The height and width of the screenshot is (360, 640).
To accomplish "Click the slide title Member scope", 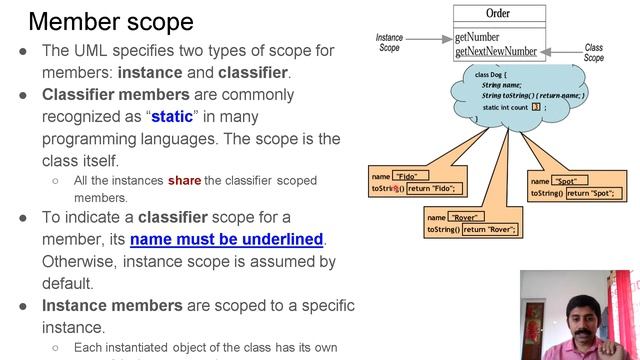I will [111, 21].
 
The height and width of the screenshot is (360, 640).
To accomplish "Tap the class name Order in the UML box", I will [497, 13].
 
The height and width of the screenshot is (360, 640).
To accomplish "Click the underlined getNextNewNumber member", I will [495, 51].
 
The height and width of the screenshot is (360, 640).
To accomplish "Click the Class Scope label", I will [594, 52].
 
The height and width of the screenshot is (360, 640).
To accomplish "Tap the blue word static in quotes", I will [172, 116].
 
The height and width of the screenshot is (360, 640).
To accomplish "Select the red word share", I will [184, 181].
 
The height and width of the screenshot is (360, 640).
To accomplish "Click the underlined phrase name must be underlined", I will [227, 239].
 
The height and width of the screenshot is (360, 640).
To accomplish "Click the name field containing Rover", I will [465, 217].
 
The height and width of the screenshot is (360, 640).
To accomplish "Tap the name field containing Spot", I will [568, 181].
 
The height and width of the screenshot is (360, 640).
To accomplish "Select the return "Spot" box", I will [591, 193].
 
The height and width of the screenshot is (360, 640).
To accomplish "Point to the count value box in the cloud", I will [536, 106].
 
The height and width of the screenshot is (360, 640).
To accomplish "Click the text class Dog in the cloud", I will [494, 75].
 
